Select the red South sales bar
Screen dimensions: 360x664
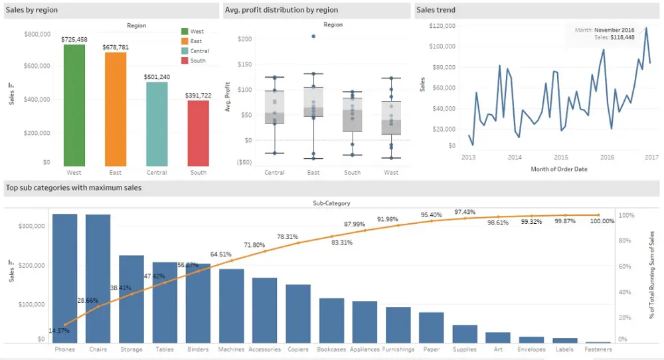198,133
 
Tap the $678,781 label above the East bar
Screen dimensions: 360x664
116,47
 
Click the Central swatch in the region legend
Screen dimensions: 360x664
185,51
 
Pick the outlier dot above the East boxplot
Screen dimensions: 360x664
313,36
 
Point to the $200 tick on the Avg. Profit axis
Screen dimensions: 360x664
244,39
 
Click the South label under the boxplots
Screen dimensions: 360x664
352,173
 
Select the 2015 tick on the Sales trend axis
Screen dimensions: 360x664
561,157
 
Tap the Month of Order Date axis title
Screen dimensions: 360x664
559,169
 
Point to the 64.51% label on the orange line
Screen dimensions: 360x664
221,254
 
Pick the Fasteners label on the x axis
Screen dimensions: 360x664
598,349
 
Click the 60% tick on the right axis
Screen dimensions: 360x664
626,266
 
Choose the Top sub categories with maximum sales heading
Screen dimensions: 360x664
74,188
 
